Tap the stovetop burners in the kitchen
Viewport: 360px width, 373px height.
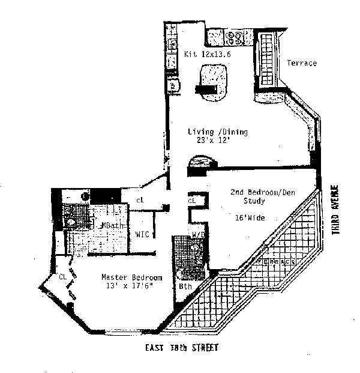point(234,38)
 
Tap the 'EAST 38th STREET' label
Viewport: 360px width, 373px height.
point(181,348)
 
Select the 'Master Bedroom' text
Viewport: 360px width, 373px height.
point(131,277)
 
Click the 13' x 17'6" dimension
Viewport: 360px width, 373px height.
point(131,287)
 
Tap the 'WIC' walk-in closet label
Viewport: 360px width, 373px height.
point(142,234)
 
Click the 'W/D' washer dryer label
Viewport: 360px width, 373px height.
point(197,234)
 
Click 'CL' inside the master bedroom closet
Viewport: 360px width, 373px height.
point(62,277)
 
